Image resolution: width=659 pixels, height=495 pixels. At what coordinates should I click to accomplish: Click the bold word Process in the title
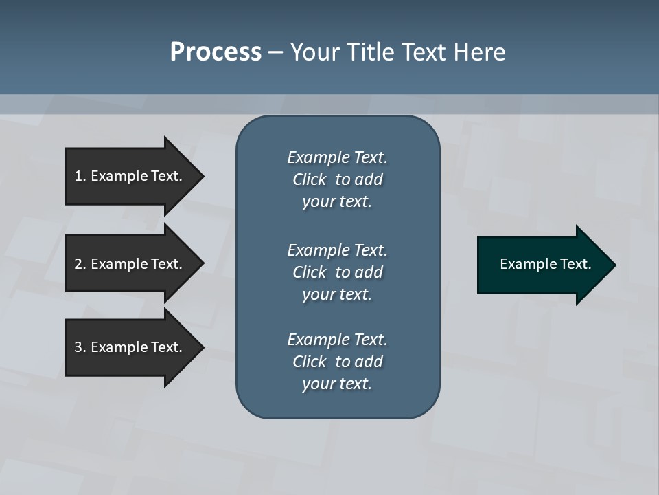coord(216,52)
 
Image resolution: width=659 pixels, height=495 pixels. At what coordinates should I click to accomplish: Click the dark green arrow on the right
coord(542,265)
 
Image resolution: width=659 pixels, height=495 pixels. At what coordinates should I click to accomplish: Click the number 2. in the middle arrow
coord(80,264)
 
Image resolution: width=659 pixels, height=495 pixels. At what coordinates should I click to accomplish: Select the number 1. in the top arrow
coord(80,176)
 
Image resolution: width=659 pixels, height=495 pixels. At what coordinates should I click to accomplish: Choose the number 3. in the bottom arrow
coord(80,347)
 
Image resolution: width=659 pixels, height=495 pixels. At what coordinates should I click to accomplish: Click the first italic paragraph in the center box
coord(337,179)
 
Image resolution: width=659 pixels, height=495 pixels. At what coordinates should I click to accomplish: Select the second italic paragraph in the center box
coord(337,272)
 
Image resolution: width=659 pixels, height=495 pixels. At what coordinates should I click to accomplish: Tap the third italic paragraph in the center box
coord(337,362)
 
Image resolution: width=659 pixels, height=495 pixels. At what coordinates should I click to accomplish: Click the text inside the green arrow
coord(545,264)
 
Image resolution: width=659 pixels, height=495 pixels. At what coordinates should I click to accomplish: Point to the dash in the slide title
coord(275,52)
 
